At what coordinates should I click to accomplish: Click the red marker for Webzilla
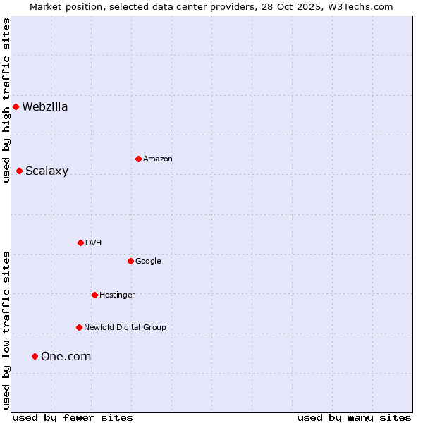click(x=16, y=107)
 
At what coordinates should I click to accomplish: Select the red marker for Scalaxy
click(x=19, y=171)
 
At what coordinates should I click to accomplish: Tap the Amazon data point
click(x=138, y=159)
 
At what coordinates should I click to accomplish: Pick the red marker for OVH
click(x=80, y=243)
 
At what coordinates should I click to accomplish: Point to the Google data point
click(x=130, y=261)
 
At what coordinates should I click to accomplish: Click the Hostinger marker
click(x=94, y=295)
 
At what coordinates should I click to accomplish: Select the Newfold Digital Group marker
click(x=79, y=327)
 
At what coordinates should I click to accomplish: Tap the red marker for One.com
click(x=35, y=356)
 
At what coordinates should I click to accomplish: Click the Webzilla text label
click(x=45, y=107)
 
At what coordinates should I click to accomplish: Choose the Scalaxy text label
click(x=47, y=171)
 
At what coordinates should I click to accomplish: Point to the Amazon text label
click(x=158, y=159)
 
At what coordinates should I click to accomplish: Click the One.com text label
click(x=66, y=356)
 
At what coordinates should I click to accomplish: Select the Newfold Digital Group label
click(x=125, y=327)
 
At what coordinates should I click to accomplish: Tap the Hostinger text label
click(x=117, y=295)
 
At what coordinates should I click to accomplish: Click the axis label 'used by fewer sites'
click(x=73, y=417)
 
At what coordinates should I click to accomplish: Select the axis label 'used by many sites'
click(x=354, y=417)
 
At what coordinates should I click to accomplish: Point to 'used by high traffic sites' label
click(x=6, y=100)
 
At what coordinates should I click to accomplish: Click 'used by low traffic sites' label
click(x=6, y=329)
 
